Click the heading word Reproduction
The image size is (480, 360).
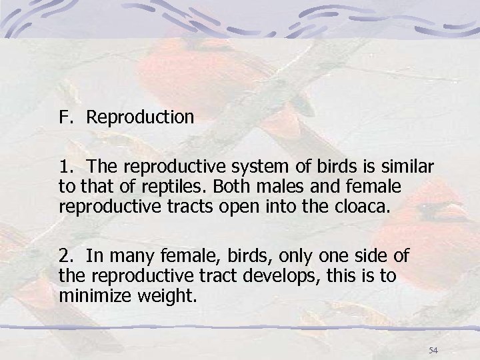[x=141, y=118]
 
